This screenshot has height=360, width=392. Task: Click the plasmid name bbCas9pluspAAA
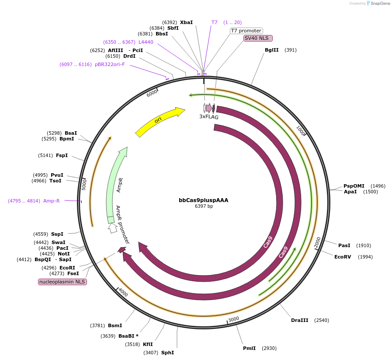click(x=203, y=200)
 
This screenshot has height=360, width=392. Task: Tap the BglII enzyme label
click(x=271, y=50)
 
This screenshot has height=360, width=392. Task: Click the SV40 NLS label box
click(x=258, y=38)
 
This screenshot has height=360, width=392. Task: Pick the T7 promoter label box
click(x=246, y=31)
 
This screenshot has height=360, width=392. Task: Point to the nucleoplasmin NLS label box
click(x=62, y=282)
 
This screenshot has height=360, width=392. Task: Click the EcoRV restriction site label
click(x=343, y=257)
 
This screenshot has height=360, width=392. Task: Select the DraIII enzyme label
click(x=299, y=320)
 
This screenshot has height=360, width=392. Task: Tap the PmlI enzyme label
click(x=249, y=348)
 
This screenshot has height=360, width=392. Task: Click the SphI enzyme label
click(x=167, y=353)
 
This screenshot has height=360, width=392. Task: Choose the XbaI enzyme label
click(x=186, y=22)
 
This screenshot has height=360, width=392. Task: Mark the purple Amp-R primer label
click(x=51, y=201)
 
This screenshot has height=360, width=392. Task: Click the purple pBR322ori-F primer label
click(x=110, y=64)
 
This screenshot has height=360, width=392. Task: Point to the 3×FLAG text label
click(x=209, y=117)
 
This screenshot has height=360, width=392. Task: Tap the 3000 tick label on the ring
click(x=234, y=319)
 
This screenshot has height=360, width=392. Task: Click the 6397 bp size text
click(x=204, y=206)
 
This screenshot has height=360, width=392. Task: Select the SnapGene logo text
click(x=378, y=3)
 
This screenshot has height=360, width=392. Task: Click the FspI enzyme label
click(x=62, y=155)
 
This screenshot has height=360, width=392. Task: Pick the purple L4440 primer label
click(x=146, y=42)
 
